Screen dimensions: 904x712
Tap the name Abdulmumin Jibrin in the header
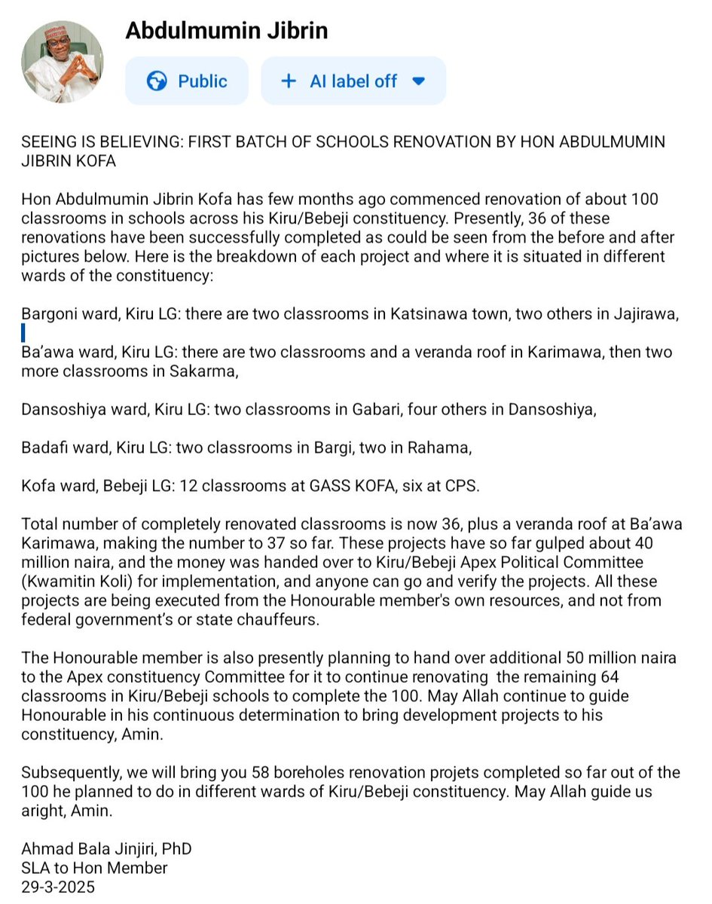tap(226, 30)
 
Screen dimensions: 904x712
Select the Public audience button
tap(187, 81)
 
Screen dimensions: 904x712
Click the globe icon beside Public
tap(157, 81)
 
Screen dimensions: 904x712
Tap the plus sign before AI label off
tap(288, 81)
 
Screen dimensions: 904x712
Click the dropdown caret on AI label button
tap(420, 81)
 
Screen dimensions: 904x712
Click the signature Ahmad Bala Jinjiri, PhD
tap(106, 849)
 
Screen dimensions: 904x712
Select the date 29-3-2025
tap(59, 887)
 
